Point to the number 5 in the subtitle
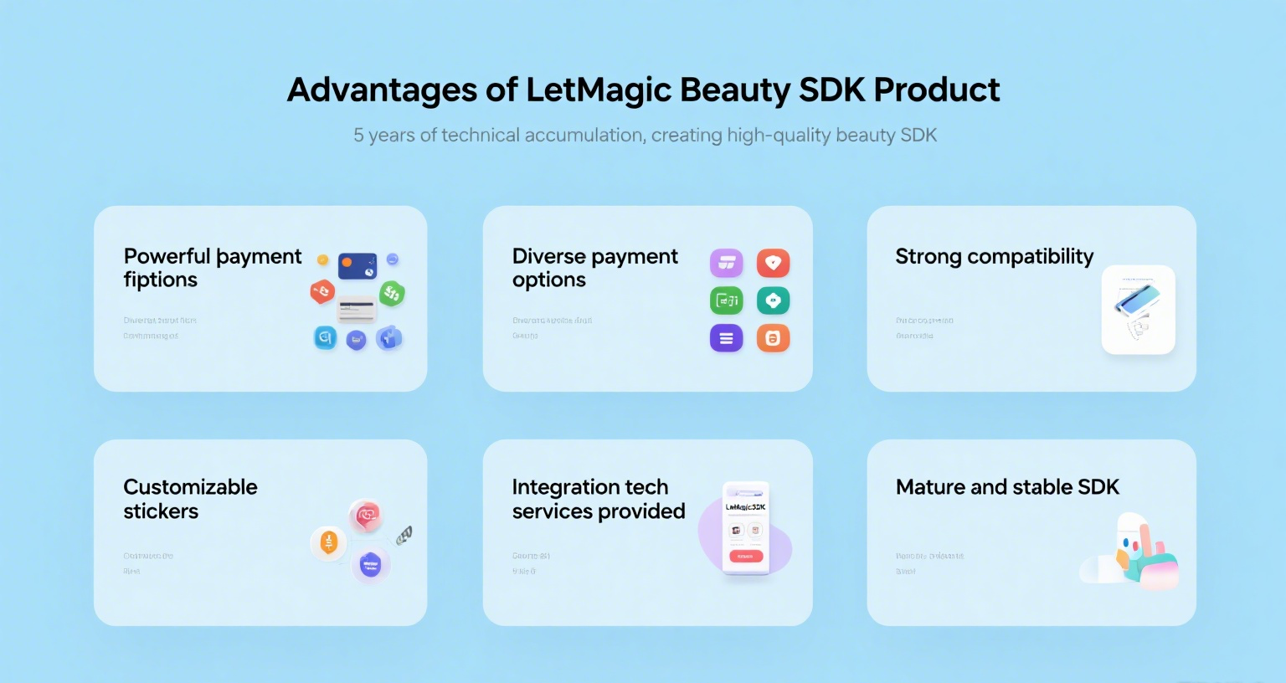(358, 136)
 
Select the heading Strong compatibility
(994, 256)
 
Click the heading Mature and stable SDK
(1007, 487)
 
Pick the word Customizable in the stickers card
(190, 487)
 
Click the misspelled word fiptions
(160, 280)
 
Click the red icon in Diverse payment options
(773, 263)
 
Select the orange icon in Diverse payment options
(773, 338)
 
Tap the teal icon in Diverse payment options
(773, 300)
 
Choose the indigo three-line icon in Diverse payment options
(726, 338)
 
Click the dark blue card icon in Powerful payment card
(358, 265)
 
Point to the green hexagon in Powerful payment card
(392, 293)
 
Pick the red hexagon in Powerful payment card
(322, 291)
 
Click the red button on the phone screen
(745, 557)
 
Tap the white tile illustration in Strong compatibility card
(1138, 310)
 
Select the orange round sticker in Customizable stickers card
(328, 542)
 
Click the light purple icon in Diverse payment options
(726, 263)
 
